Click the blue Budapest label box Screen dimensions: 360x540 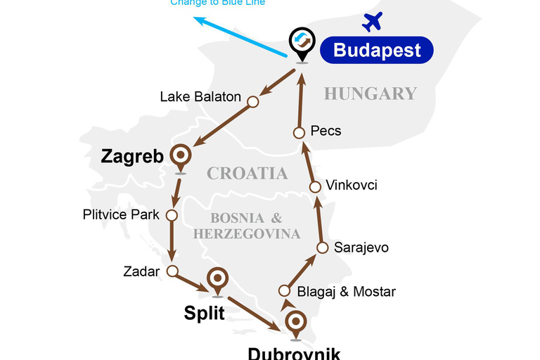[376, 50]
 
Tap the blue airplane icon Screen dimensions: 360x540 [372, 22]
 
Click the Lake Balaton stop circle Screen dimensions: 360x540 [253, 102]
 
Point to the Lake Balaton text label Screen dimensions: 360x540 [200, 97]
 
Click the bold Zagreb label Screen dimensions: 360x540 [133, 156]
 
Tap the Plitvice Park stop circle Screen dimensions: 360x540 [171, 215]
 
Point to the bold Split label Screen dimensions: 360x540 [204, 313]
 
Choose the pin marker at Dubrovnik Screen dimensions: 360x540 [296, 323]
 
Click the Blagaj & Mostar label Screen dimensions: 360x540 [346, 291]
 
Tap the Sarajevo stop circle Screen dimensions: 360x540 [322, 247]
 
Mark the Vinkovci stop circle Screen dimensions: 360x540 [316, 186]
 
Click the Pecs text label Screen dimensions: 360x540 [326, 131]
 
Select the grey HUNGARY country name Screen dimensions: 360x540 [370, 94]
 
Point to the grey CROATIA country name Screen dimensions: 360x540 [247, 173]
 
